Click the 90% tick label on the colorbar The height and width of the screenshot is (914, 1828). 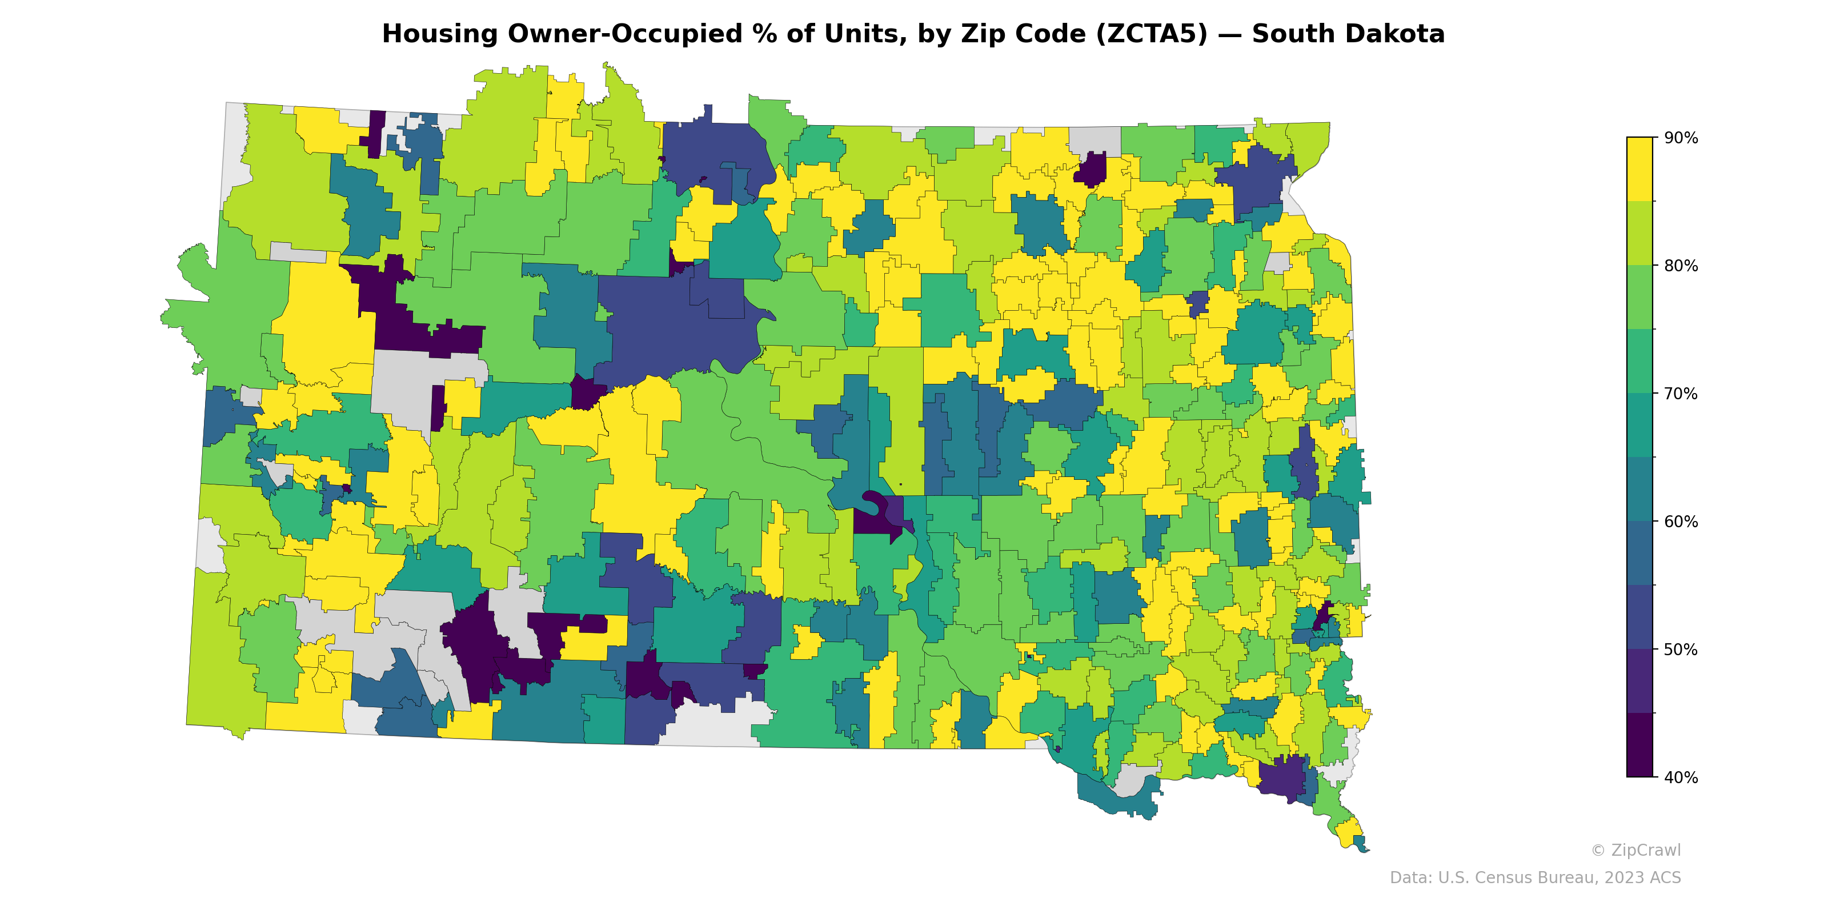(1681, 138)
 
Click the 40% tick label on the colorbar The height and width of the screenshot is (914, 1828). (1681, 777)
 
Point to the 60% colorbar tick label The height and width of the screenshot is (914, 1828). (1681, 522)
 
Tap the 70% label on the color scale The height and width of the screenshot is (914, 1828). (1681, 394)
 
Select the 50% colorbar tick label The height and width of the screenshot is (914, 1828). (1681, 650)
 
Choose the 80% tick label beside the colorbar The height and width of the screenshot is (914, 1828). (1681, 266)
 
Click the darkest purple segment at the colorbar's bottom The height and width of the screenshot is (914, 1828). (1639, 745)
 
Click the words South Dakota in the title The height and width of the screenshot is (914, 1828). (1348, 34)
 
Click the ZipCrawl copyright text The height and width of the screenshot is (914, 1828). (1635, 850)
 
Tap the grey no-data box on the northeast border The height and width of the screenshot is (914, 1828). (1095, 139)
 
